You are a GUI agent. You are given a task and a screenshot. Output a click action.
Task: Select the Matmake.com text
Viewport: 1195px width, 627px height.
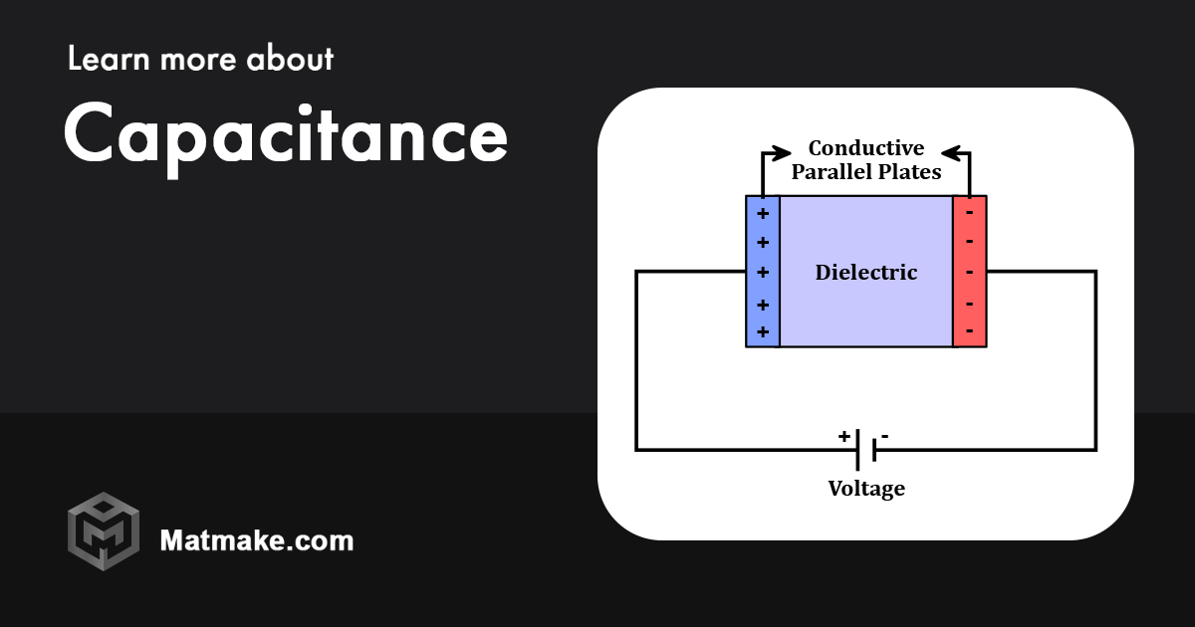(x=256, y=540)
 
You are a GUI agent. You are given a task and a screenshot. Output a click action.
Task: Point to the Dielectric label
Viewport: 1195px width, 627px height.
(x=865, y=272)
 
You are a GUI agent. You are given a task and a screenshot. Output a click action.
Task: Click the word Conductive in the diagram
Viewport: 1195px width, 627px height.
(x=865, y=148)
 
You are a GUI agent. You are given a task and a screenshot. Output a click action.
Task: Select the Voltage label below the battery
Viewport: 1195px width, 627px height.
(x=866, y=489)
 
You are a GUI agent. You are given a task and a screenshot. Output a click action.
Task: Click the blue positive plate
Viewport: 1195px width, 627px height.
(x=763, y=289)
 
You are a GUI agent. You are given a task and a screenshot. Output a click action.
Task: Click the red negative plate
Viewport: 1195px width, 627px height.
(x=969, y=289)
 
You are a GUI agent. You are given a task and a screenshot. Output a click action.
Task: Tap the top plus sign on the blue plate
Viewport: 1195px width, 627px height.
(x=763, y=213)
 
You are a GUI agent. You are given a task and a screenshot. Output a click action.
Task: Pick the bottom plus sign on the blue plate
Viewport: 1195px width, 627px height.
(x=763, y=331)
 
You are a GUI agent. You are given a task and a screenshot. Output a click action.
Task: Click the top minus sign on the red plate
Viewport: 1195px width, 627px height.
(x=969, y=211)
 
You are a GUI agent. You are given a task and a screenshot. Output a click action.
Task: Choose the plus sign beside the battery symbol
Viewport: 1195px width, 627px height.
(x=843, y=436)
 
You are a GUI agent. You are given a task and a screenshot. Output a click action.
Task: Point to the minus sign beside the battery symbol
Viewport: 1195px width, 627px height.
(x=885, y=436)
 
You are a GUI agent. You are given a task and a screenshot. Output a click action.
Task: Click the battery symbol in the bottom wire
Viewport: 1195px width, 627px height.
(x=865, y=450)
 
